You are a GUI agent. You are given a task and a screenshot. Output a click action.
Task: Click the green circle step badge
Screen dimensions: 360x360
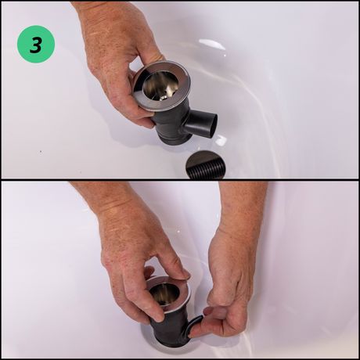tap(36, 44)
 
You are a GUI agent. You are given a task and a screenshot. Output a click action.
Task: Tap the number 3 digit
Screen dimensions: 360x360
tap(36, 45)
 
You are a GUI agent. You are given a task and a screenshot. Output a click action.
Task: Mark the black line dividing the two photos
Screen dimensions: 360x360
tap(180, 180)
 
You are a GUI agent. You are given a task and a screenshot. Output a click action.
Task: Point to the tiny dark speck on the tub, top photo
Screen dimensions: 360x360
tap(40, 151)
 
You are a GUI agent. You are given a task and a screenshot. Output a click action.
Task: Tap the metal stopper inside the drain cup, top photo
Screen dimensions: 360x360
tap(164, 97)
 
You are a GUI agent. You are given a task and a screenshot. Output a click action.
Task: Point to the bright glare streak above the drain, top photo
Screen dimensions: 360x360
tap(212, 44)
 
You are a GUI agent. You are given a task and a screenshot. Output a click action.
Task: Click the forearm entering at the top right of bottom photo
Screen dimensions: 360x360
tap(243, 203)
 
